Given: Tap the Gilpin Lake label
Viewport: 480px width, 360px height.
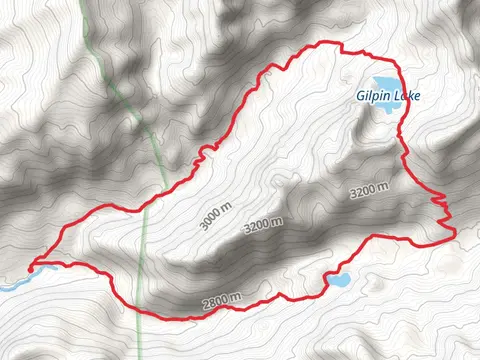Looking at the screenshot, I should coord(387,97).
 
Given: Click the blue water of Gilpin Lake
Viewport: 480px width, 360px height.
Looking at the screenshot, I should coord(382,84).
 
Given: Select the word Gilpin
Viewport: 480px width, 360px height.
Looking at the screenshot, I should coord(371,97).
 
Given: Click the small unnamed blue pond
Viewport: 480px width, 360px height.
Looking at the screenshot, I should coord(338,280).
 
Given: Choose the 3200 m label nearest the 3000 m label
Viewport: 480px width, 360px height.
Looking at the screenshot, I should coord(263,225).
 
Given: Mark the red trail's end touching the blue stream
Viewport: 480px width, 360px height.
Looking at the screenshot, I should coord(32,267).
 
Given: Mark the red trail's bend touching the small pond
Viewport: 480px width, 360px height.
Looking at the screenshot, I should coord(326,279).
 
